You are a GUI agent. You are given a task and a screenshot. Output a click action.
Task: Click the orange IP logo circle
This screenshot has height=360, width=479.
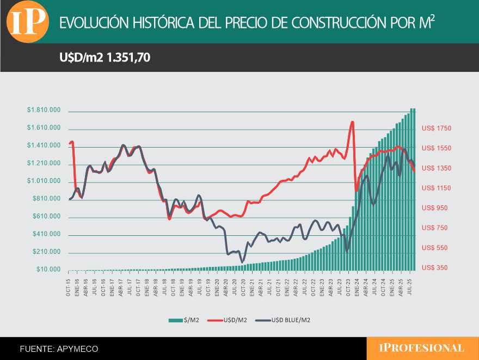(x=27, y=22)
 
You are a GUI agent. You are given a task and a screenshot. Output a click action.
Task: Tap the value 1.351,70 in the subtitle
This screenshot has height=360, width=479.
(x=128, y=57)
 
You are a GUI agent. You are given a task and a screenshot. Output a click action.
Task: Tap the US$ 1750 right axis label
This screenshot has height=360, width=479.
(x=437, y=129)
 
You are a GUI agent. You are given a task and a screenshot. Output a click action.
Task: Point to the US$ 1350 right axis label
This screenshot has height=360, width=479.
(x=437, y=168)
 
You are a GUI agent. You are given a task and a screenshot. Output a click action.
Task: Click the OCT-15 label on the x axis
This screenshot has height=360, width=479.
(x=69, y=284)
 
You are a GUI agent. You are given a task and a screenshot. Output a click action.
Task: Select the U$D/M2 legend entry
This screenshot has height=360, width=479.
(x=229, y=320)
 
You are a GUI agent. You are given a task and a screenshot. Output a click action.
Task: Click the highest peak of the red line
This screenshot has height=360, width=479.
(x=353, y=121)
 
